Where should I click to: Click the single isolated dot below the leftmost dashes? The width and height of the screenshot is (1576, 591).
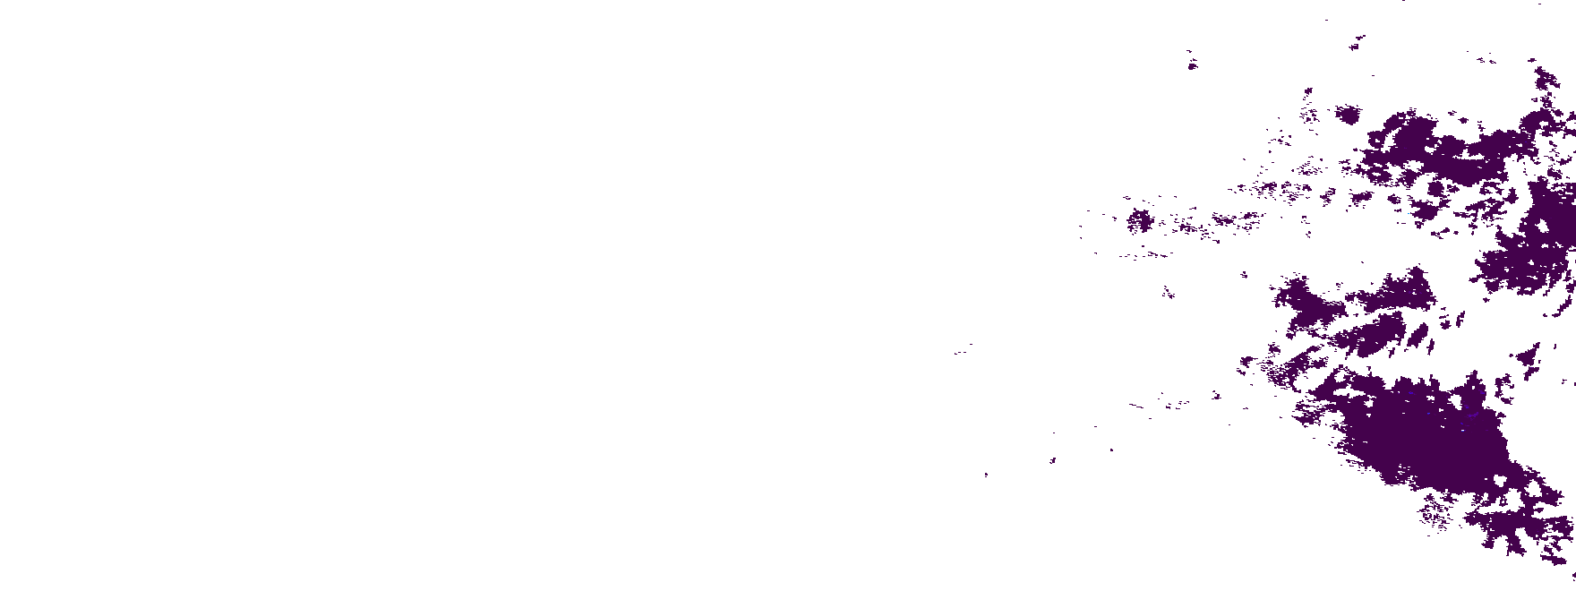point(986,475)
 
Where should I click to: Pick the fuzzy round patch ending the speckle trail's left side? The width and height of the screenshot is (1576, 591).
point(1139,219)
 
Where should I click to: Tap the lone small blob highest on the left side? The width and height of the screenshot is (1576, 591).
point(1192,64)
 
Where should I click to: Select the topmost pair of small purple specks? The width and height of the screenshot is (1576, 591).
point(1358,41)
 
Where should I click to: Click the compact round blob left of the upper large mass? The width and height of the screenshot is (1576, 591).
point(1348,114)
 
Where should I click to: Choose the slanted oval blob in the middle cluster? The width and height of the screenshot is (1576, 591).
point(1418,337)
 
